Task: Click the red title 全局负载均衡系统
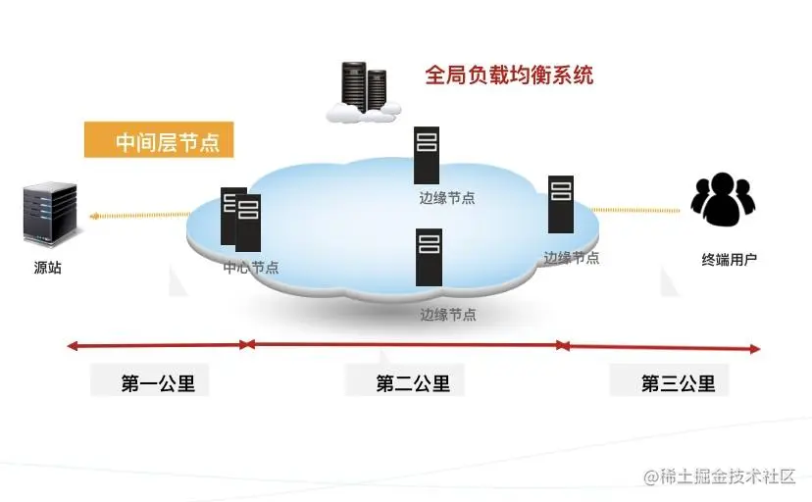coord(509,75)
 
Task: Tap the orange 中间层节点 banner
coord(159,140)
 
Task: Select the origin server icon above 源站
coord(50,213)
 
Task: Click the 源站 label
coord(48,268)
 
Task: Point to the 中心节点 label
coord(251,267)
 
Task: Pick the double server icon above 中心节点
coord(241,219)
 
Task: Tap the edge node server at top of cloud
coord(427,155)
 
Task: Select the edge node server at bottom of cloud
coord(430,257)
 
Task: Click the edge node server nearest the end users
coord(561,204)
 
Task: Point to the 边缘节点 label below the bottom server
coord(448,315)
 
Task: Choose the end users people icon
coord(723,199)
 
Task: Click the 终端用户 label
coord(730,259)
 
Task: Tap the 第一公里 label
coord(158,383)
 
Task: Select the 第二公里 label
coord(413,383)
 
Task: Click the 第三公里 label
coord(678,383)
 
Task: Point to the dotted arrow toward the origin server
coord(140,215)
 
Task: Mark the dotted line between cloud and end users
coord(635,210)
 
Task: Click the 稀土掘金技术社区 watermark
coord(719,477)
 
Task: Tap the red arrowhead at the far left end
coord(73,346)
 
